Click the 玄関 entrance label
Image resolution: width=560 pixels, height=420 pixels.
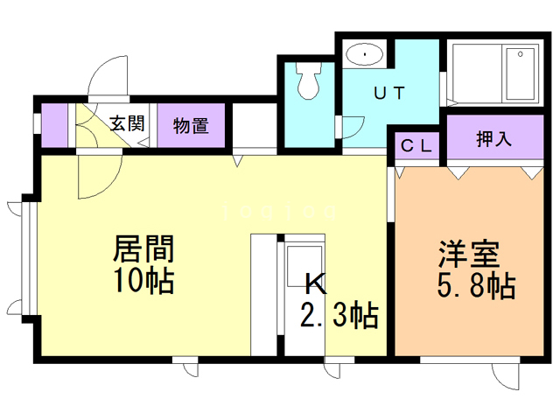(127, 124)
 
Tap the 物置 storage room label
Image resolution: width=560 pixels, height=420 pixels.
(191, 125)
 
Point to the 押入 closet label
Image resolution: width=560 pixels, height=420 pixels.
(493, 138)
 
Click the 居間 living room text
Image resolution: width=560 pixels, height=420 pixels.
(143, 248)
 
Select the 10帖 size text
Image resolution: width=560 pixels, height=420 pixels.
(143, 281)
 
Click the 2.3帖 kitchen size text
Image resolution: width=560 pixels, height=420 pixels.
(339, 313)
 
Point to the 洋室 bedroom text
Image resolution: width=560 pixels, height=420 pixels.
(470, 254)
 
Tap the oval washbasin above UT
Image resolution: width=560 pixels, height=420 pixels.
(363, 55)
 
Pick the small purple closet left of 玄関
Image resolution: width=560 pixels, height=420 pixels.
(54, 125)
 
